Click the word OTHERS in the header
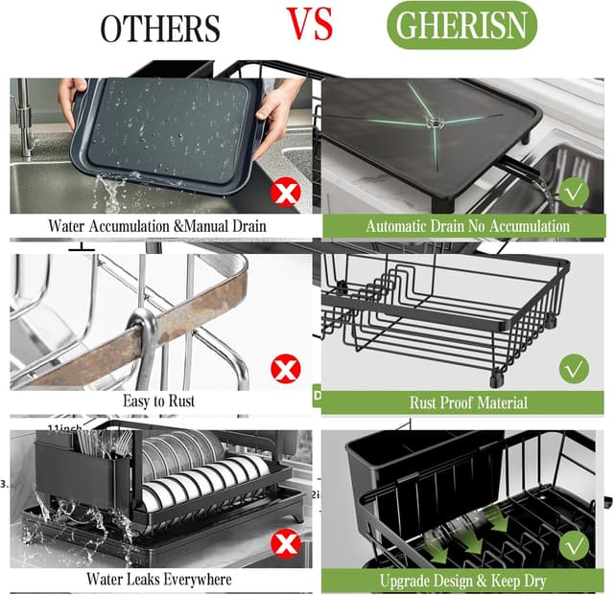click(x=159, y=29)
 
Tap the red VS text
click(x=310, y=23)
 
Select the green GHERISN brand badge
click(x=461, y=26)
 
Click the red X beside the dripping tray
click(x=285, y=193)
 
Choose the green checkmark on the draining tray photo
click(x=575, y=192)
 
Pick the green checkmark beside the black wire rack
click(x=574, y=368)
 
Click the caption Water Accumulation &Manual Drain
click(x=156, y=226)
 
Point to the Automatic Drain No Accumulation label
click(x=467, y=226)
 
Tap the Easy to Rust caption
click(x=158, y=401)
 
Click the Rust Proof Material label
click(x=467, y=402)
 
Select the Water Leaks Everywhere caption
click(x=158, y=579)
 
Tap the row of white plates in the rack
click(x=206, y=479)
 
